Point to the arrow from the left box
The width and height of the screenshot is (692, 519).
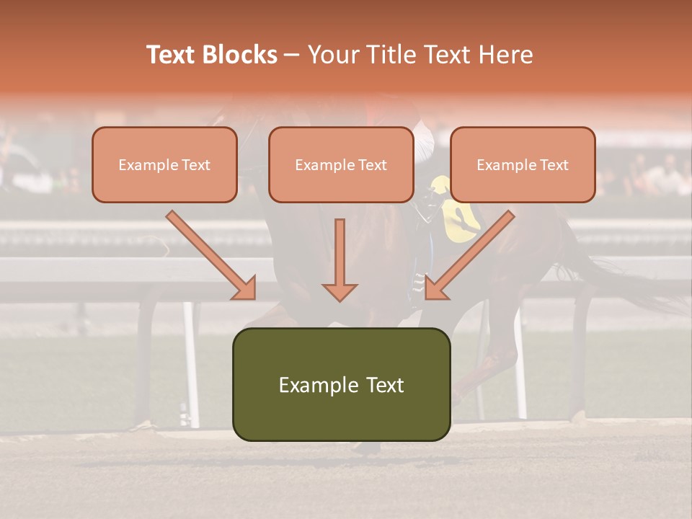213,257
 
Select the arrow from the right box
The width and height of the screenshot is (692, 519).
469,257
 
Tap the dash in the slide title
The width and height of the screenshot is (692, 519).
292,55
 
